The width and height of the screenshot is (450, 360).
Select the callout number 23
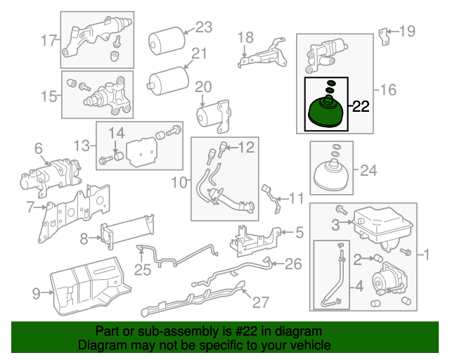tap(203, 27)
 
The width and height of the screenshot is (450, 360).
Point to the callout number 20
tap(202, 86)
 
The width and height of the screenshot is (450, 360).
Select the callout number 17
tap(49, 41)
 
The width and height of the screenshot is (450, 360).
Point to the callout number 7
tap(30, 207)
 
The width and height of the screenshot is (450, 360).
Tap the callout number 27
tap(261, 302)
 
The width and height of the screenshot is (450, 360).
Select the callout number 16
tap(389, 89)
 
